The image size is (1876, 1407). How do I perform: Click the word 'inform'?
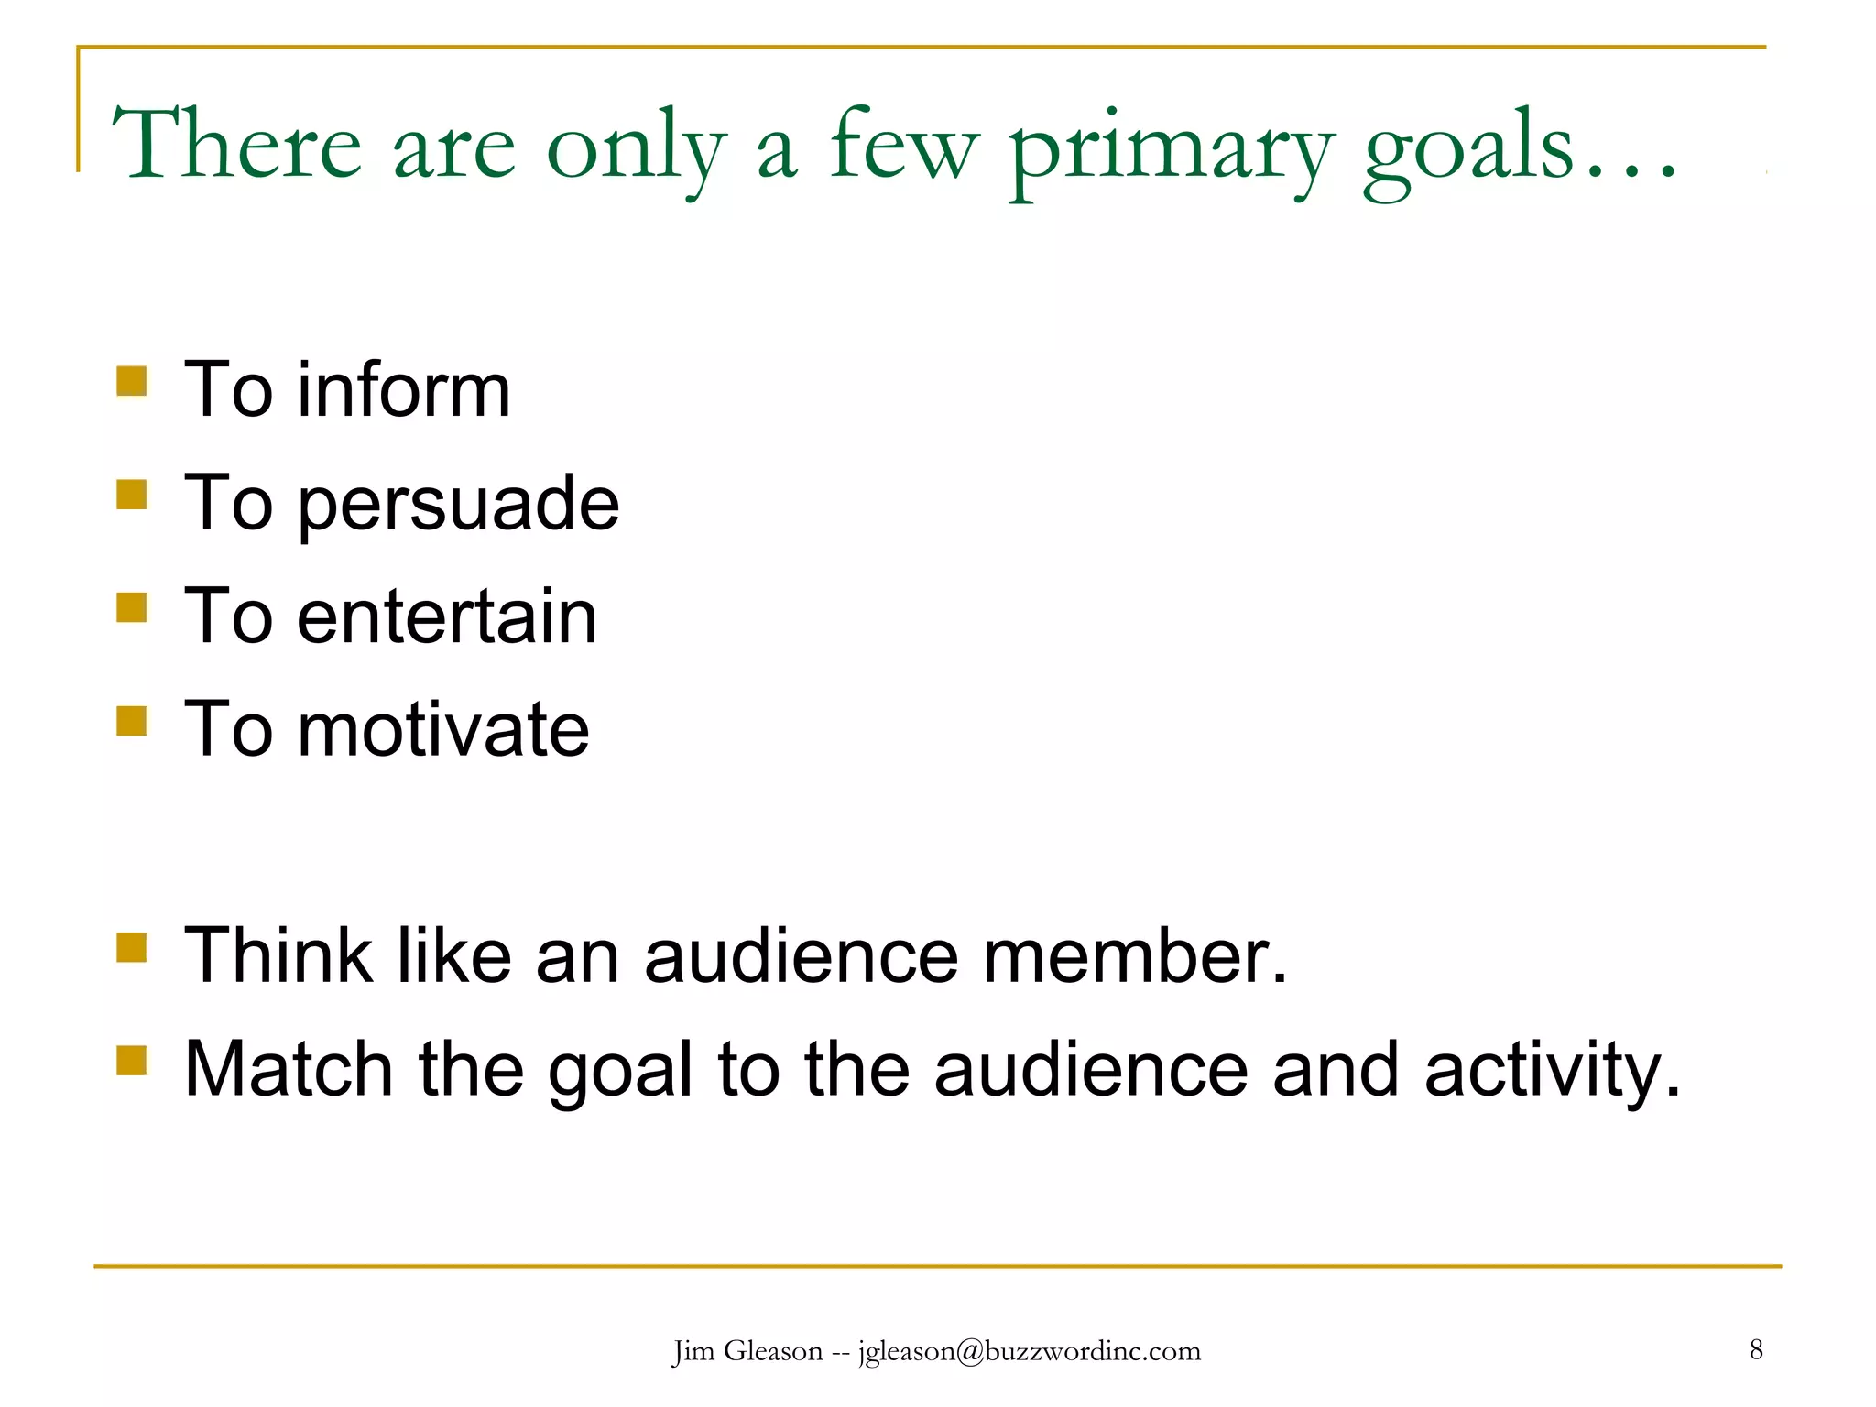(403, 390)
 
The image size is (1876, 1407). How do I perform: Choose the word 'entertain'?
(446, 616)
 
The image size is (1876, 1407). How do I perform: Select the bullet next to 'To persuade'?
(132, 495)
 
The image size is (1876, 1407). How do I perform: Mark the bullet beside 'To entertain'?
(132, 607)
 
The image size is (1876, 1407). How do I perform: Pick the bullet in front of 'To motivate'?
(132, 720)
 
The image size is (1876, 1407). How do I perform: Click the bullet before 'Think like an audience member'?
(132, 947)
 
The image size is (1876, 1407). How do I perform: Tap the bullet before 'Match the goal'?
(132, 1060)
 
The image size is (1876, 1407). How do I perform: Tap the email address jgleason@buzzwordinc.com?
(1030, 1351)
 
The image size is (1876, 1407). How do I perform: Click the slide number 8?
(1756, 1349)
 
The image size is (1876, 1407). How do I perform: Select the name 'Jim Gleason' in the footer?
(747, 1351)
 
